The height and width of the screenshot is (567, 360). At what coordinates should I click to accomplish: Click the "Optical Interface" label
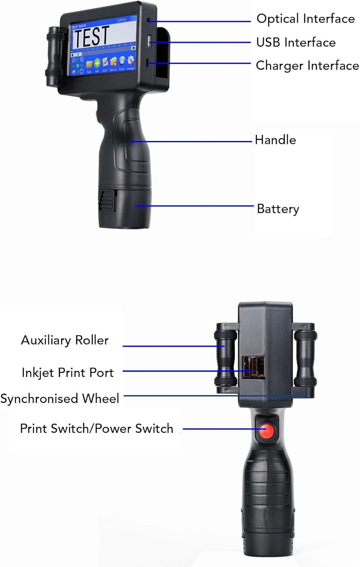click(305, 19)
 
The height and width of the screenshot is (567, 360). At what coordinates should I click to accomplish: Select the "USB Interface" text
click(295, 42)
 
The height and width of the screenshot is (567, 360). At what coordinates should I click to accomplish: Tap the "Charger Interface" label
click(307, 65)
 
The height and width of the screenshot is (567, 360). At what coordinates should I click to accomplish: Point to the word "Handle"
click(275, 140)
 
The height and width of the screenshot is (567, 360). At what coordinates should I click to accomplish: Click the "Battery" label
click(278, 209)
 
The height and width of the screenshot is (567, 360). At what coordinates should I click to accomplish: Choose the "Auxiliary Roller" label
click(65, 340)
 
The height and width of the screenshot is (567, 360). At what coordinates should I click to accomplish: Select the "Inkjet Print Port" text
click(68, 373)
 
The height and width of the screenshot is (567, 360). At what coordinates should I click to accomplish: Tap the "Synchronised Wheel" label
click(60, 398)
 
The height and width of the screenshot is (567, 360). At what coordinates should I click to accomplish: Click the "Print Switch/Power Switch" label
click(96, 429)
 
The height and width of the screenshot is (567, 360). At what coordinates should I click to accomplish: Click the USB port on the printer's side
click(149, 40)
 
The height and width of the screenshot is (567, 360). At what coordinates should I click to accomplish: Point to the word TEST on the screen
click(91, 37)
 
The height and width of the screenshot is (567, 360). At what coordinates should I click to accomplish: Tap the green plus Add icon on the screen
click(97, 64)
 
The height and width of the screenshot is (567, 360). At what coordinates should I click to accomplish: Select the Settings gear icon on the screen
click(131, 61)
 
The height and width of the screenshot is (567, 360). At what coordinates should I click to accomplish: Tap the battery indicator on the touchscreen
click(133, 18)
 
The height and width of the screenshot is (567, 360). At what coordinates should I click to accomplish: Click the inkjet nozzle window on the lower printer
click(253, 367)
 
